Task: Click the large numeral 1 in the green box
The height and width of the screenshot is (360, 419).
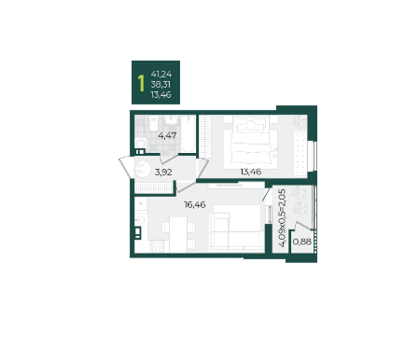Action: [142, 83]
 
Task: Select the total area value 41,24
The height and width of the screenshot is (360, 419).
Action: [161, 75]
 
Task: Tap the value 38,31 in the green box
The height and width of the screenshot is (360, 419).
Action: [161, 85]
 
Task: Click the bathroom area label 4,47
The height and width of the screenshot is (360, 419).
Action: [167, 135]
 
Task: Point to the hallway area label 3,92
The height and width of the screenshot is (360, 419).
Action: [163, 172]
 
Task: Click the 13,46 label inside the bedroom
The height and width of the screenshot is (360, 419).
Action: [251, 172]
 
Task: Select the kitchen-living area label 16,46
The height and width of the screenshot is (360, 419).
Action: [195, 204]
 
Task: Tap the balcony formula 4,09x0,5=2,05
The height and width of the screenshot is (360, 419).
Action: [282, 218]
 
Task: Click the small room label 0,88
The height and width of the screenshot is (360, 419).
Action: [302, 242]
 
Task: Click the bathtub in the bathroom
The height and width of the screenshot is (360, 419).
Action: [188, 134]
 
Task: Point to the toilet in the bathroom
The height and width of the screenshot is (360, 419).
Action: [154, 124]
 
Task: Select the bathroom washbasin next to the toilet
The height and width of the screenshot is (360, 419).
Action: [171, 120]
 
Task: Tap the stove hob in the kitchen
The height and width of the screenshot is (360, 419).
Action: [157, 246]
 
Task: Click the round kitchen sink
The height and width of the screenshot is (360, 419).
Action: [140, 220]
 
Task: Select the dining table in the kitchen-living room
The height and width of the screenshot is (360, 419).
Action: [178, 234]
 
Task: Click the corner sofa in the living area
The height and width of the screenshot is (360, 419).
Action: [236, 228]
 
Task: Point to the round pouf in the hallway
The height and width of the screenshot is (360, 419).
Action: [143, 169]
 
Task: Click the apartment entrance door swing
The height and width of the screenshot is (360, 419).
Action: [126, 167]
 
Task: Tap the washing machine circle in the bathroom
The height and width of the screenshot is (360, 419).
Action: [141, 144]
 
